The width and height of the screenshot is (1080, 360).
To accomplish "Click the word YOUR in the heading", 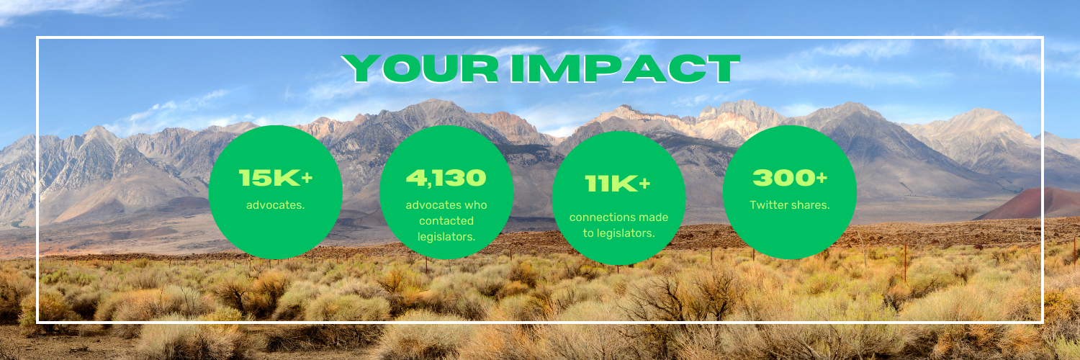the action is tap(420, 68).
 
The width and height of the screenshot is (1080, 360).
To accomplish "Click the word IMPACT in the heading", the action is tap(626, 68).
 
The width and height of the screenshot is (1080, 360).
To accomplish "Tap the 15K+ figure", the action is tap(276, 178).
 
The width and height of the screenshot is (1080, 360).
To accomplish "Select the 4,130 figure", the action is tap(446, 178).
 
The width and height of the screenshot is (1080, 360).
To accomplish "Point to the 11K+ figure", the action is tap(618, 184).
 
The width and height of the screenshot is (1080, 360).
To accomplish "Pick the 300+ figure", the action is tap(790, 178).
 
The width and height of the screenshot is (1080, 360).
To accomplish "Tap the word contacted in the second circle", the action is tap(446, 221).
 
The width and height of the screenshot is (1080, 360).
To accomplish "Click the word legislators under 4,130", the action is tap(446, 237).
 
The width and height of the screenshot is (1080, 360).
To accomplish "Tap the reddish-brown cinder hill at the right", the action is tap(1037, 204).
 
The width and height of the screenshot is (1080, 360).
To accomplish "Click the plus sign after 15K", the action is tap(307, 179).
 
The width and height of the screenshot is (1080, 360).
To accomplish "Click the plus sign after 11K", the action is tap(644, 184).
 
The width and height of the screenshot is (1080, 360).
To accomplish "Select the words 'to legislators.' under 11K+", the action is tap(618, 233).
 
